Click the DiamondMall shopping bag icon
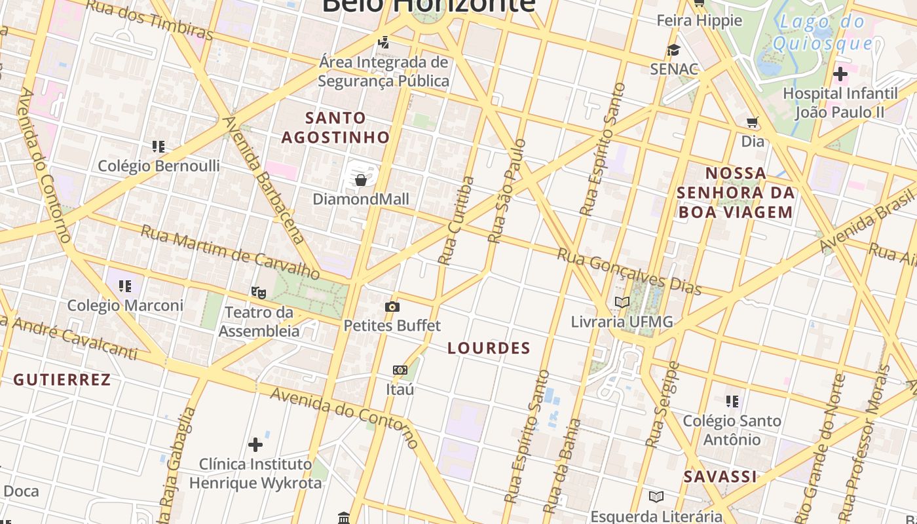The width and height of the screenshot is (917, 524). [360, 180]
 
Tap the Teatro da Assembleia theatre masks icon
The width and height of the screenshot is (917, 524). [259, 292]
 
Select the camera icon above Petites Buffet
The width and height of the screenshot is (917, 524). [392, 307]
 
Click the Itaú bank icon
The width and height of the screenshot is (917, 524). [400, 370]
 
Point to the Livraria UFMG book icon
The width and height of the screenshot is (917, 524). [622, 302]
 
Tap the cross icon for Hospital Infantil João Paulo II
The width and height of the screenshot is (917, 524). [840, 74]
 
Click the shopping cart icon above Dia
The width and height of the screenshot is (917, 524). [753, 122]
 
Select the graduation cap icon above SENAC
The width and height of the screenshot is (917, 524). [673, 50]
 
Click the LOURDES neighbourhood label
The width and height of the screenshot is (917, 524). [489, 348]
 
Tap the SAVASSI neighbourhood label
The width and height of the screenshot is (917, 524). [720, 477]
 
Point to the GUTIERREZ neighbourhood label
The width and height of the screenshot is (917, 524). [62, 380]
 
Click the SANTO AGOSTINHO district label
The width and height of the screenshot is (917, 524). [335, 128]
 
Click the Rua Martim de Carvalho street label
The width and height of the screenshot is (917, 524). [230, 251]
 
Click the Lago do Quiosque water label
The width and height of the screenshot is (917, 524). [823, 33]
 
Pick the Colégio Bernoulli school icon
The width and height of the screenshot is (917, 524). [158, 146]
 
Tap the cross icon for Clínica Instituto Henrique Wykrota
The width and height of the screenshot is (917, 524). [255, 445]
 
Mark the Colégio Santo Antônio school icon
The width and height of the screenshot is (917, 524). [732, 401]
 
